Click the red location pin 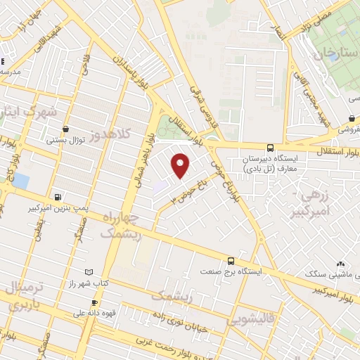point(181,165)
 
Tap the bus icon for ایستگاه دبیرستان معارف point(271,148)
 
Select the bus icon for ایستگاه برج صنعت point(231,259)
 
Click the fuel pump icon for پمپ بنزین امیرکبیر point(57,198)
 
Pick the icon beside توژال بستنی point(65,129)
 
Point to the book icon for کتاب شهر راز point(88,271)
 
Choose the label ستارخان point(331,53)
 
